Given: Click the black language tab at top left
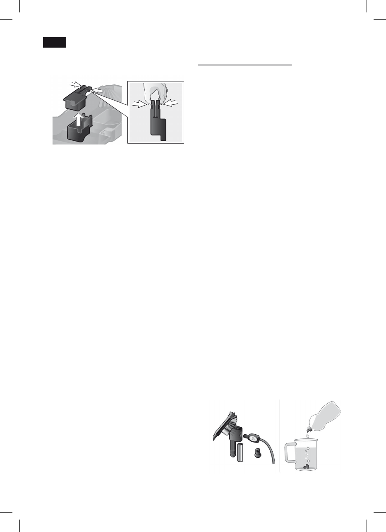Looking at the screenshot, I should click(x=55, y=43).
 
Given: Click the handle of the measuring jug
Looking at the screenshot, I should click(x=289, y=456).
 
